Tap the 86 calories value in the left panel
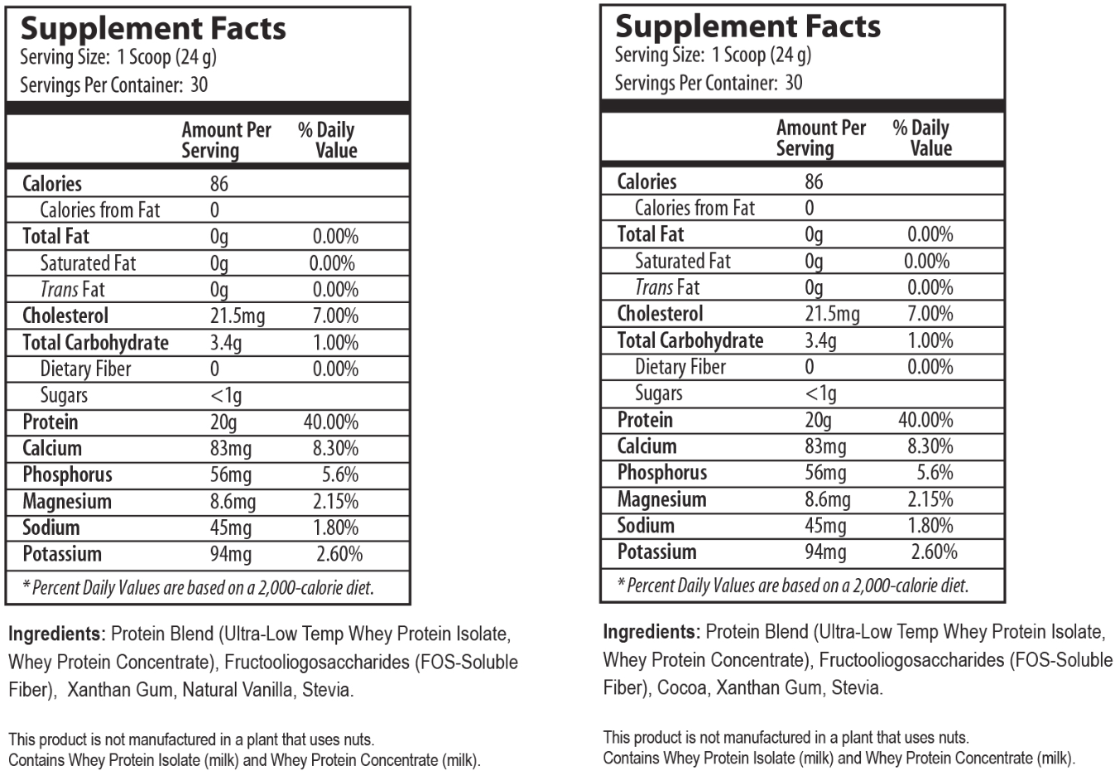(x=219, y=184)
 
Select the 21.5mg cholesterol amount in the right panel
(x=832, y=314)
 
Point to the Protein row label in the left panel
(x=50, y=422)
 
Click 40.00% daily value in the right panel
(x=925, y=420)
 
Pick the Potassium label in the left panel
(x=62, y=554)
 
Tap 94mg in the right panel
(x=825, y=552)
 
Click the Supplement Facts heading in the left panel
(x=153, y=29)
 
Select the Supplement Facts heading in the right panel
(x=747, y=27)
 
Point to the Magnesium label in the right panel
(x=661, y=499)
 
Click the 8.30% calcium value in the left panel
(x=334, y=449)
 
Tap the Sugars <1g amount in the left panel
(x=225, y=396)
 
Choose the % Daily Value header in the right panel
(x=922, y=137)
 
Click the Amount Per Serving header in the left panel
(x=226, y=140)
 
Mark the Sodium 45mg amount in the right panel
(x=825, y=526)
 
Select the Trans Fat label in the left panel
(x=73, y=290)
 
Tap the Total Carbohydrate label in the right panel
(x=690, y=340)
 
